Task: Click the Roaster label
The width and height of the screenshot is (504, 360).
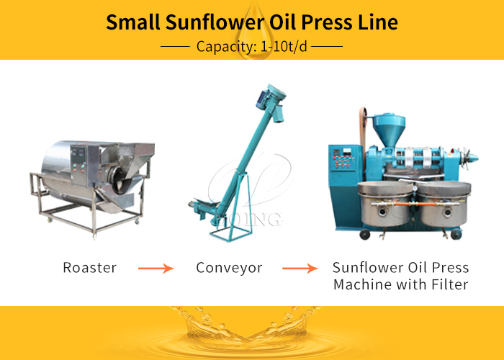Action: [90, 268]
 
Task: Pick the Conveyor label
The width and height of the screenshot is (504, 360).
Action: [229, 268]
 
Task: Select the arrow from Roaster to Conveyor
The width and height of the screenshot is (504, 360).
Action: [156, 269]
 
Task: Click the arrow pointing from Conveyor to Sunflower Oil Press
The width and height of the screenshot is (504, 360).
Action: [300, 269]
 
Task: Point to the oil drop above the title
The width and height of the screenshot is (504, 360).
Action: [252, 18]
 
